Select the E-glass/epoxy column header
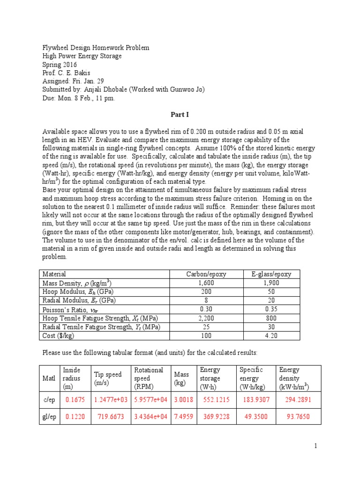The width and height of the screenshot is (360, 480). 271,274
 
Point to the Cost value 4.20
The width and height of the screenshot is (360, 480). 271,336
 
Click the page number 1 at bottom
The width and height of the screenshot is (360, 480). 316,446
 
